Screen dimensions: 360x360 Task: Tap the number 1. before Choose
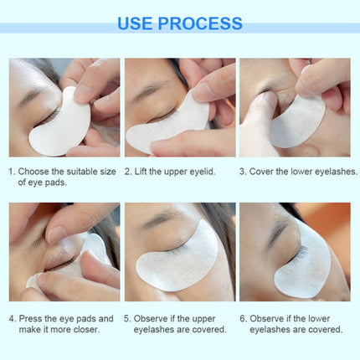(13, 171)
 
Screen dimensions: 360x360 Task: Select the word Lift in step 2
(146, 171)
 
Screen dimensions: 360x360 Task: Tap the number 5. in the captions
(128, 318)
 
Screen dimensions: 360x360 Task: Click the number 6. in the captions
(244, 318)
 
